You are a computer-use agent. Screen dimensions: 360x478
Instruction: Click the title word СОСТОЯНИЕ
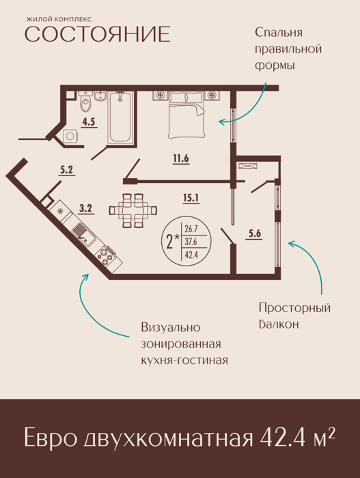click(97, 34)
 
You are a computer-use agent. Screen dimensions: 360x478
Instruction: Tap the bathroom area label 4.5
click(89, 122)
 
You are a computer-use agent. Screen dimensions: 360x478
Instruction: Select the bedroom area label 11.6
click(181, 158)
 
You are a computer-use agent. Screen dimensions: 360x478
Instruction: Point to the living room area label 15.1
click(191, 198)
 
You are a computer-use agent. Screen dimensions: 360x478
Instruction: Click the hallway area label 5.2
click(66, 169)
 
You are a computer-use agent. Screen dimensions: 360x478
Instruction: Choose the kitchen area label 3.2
click(85, 208)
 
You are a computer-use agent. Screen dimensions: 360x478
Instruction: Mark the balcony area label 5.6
click(255, 234)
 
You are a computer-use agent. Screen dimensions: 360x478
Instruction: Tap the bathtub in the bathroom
click(120, 117)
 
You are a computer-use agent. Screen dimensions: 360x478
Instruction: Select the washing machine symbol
click(70, 136)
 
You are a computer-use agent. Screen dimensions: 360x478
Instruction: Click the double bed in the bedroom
click(186, 115)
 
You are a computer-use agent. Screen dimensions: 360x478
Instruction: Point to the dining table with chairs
click(133, 210)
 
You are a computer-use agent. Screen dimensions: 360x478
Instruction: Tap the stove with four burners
click(107, 255)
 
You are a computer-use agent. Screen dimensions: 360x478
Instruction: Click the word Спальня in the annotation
click(279, 33)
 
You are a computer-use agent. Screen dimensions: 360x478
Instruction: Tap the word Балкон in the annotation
click(279, 324)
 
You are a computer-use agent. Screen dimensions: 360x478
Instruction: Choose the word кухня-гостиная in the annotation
click(184, 361)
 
